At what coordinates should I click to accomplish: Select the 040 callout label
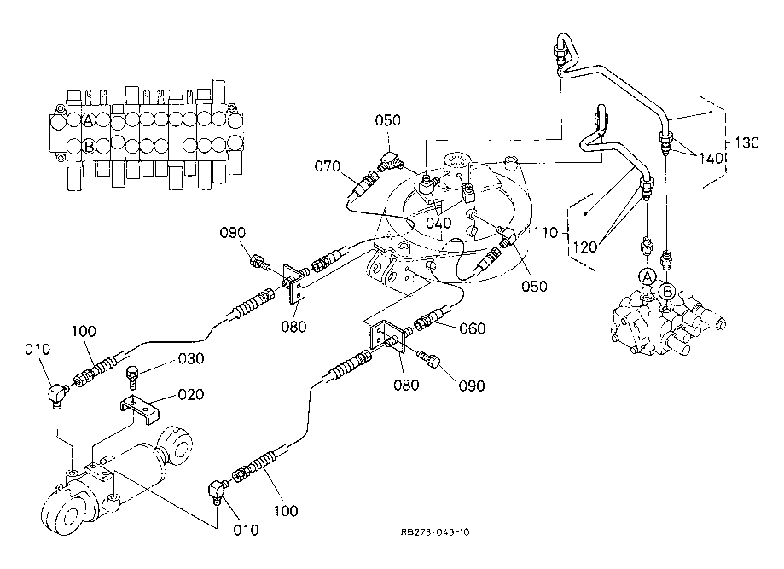point(440,224)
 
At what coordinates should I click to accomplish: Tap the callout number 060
point(471,328)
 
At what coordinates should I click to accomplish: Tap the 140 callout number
point(708,159)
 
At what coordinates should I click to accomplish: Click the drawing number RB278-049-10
point(434,532)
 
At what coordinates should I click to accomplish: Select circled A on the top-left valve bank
point(89,119)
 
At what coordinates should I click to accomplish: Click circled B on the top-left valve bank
point(89,146)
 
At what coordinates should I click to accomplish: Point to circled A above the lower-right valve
point(648,276)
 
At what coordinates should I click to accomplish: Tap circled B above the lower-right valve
point(668,291)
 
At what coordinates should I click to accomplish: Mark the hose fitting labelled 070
point(369,183)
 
